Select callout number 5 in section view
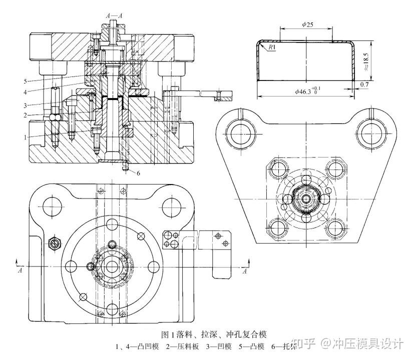(x=25, y=80)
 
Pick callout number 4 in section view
(x=25, y=91)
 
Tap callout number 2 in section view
(x=25, y=115)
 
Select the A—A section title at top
(x=114, y=15)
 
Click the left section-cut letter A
(x=20, y=270)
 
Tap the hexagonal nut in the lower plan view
(x=54, y=243)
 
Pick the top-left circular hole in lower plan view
(x=52, y=203)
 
